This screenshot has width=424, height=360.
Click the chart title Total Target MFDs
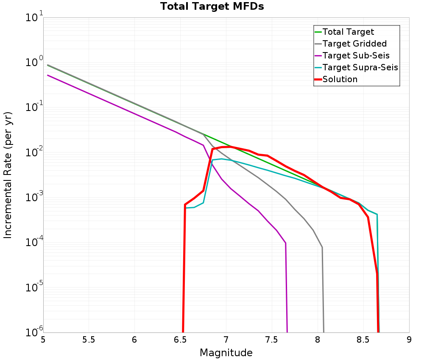(x=212, y=6)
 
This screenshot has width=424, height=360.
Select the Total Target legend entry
(x=348, y=32)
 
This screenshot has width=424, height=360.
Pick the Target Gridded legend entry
(x=354, y=44)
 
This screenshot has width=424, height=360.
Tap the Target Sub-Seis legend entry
(x=356, y=55)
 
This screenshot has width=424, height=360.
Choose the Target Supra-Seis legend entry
(x=360, y=67)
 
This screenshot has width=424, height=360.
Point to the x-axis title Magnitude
(x=226, y=353)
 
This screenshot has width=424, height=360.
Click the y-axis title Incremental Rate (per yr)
(x=8, y=175)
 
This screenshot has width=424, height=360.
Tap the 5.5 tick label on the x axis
(x=89, y=340)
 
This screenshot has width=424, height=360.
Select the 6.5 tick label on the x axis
(x=180, y=340)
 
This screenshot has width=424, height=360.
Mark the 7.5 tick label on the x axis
(x=272, y=340)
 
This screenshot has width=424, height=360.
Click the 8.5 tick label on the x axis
(x=363, y=340)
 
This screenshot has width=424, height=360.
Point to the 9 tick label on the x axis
(x=409, y=340)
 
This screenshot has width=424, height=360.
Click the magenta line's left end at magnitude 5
(x=47, y=75)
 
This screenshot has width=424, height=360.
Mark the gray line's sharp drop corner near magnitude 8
(x=322, y=247)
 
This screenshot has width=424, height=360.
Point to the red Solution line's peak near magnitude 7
(x=230, y=147)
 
